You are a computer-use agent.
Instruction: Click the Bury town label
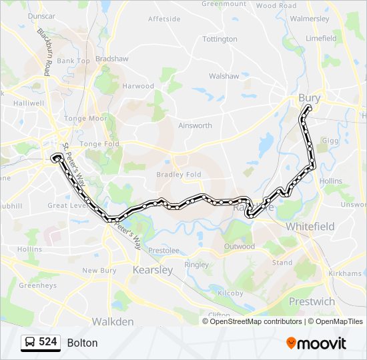309,98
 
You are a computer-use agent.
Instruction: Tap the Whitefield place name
310,227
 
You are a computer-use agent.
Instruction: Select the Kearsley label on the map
153,270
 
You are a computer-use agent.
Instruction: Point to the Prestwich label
312,301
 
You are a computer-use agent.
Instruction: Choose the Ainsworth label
195,125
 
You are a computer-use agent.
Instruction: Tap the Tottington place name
220,39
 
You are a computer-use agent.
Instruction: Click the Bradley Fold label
178,175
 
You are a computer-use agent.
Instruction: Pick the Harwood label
137,86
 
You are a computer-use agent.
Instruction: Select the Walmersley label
310,19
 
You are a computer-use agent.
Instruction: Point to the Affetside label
163,19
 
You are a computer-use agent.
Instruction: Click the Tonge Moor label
89,118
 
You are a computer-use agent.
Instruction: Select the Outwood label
240,247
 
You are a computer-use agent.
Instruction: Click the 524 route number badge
47,342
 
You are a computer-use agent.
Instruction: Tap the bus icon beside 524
30,343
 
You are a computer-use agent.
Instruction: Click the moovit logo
316,343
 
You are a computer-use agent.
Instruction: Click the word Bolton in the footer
82,343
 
